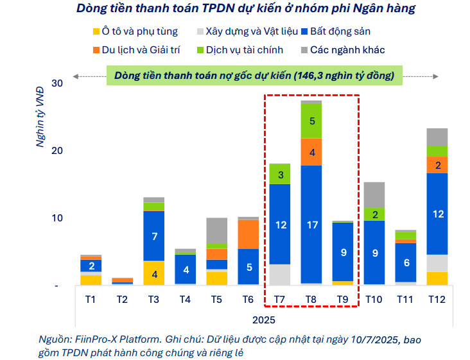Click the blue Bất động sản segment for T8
click(x=311, y=224)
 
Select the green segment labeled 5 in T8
click(x=311, y=121)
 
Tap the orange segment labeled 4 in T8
click(x=311, y=152)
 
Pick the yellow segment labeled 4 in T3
click(x=153, y=273)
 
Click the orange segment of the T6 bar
click(x=248, y=234)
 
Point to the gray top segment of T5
click(x=216, y=230)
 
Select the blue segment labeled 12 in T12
click(x=437, y=214)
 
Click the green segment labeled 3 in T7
click(x=279, y=174)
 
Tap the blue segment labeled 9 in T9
click(x=343, y=252)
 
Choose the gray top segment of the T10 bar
click(x=374, y=194)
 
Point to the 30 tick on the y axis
click(x=57, y=83)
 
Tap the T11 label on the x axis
click(x=406, y=299)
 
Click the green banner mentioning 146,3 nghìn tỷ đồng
click(x=254, y=75)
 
